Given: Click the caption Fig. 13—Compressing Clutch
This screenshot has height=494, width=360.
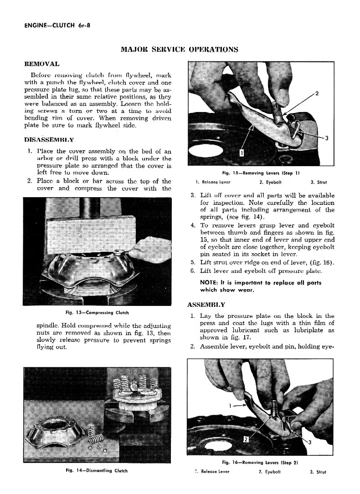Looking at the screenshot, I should pos(98,313).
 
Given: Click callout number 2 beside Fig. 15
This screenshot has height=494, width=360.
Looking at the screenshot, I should pos(317,94).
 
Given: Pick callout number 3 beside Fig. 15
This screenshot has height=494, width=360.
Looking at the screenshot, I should pos(326,138).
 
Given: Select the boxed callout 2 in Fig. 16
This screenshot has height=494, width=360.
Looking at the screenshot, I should pos(246,439).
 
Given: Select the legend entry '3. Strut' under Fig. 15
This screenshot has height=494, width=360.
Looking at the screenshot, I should pos(319,183).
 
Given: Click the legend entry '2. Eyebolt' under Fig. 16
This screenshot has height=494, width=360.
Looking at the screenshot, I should pos(269,472).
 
